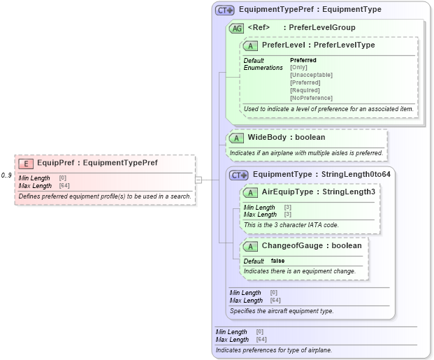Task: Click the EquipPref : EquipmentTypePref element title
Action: (x=97, y=163)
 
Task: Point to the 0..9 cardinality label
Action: (x=7, y=175)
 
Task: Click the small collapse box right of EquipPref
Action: (x=198, y=180)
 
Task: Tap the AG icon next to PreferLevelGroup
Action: (x=237, y=28)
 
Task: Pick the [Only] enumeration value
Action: (x=298, y=67)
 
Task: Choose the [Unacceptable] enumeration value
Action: (x=311, y=75)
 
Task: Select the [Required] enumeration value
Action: (x=305, y=90)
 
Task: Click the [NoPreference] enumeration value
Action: (x=311, y=98)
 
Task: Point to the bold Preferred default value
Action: (x=303, y=60)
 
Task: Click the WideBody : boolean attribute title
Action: (x=286, y=137)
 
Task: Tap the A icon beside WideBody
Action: (x=238, y=138)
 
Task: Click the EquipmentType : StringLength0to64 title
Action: (x=321, y=174)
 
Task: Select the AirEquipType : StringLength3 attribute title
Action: (x=318, y=192)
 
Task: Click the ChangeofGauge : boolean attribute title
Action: (x=311, y=245)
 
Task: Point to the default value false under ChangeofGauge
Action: (x=277, y=261)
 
